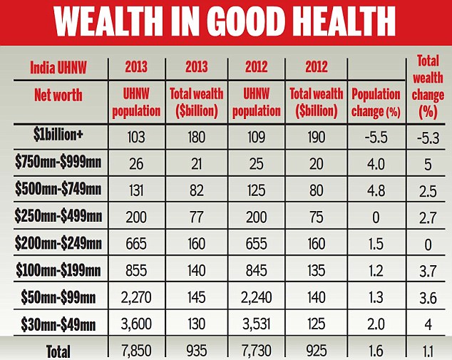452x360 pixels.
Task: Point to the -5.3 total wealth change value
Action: click(x=428, y=137)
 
